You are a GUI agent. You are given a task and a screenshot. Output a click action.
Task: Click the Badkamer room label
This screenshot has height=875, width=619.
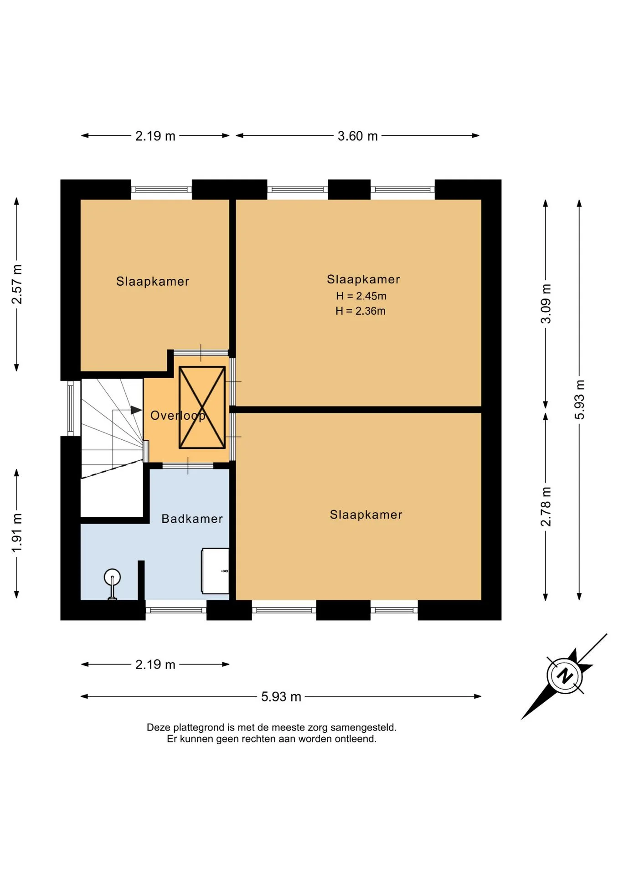[x=192, y=519]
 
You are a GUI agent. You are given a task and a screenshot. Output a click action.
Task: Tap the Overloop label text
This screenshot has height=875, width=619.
[x=178, y=416]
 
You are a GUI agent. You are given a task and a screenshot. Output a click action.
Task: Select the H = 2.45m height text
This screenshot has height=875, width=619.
[x=361, y=296]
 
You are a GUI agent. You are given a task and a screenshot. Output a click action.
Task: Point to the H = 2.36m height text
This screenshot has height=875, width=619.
[x=361, y=311]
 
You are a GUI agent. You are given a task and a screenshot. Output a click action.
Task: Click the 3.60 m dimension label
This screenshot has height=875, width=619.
[x=357, y=136]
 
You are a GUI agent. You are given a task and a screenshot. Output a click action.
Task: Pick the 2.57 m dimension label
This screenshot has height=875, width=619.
[x=17, y=284]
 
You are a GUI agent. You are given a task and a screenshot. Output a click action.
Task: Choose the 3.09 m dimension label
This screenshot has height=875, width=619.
[x=546, y=304]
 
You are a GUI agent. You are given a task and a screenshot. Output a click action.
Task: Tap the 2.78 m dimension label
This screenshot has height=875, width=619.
[x=546, y=506]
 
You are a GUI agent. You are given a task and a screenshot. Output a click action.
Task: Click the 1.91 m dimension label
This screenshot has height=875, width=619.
[x=17, y=533]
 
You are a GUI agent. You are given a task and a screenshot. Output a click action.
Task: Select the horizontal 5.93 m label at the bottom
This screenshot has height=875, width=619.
[x=281, y=696]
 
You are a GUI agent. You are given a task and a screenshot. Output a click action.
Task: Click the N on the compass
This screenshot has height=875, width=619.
[x=565, y=675]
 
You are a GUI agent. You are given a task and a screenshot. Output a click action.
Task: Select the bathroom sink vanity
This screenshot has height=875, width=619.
[x=215, y=571]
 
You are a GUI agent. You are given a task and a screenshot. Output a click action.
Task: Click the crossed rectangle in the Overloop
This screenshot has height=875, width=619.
[x=202, y=407]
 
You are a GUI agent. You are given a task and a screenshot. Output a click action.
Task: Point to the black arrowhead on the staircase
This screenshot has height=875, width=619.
[x=136, y=410]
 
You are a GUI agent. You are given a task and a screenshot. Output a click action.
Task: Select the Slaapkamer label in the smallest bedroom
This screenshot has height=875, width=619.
[x=153, y=281]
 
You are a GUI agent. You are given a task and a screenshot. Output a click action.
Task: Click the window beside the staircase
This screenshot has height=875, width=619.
[x=71, y=408]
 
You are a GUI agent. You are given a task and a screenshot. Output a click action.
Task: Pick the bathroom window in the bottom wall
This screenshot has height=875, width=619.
[x=176, y=610]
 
